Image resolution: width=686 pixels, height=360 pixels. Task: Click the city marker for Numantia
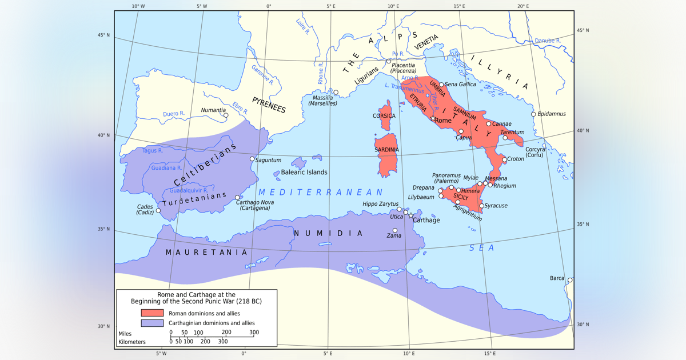226,115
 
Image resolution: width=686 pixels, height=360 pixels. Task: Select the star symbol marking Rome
433,119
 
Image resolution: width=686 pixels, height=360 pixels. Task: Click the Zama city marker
395,231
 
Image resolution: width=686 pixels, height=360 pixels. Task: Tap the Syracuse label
496,206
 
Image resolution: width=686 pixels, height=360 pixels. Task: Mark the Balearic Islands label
304,172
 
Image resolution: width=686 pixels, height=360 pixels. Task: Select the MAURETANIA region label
206,252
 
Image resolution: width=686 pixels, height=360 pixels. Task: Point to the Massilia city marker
336,92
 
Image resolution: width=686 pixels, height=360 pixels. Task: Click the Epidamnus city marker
533,114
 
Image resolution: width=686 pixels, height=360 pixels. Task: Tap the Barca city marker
569,280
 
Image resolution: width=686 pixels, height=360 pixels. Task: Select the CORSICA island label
384,116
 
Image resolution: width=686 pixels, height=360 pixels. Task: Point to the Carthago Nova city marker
238,198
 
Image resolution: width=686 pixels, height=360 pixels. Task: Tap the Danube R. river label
548,41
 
